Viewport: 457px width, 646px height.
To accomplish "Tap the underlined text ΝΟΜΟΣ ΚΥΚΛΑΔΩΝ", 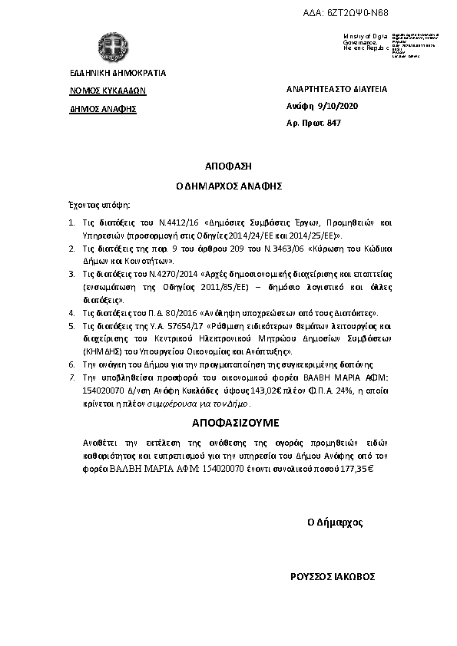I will (108, 90).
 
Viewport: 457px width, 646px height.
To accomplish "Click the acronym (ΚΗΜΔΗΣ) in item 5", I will (98, 351).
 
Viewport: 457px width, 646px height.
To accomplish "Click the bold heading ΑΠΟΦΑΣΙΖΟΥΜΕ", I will (228, 423).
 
